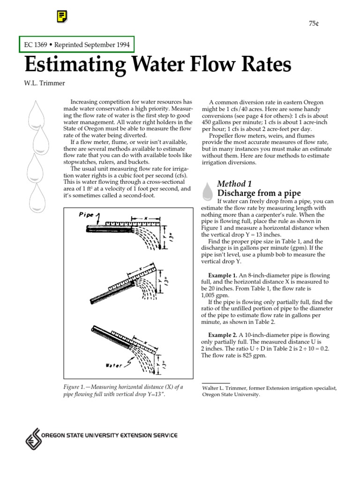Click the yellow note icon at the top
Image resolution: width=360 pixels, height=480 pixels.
pyautogui.click(x=61, y=17)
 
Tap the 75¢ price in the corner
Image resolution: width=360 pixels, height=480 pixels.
pyautogui.click(x=313, y=24)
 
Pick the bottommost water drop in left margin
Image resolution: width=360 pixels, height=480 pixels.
pyautogui.click(x=37, y=196)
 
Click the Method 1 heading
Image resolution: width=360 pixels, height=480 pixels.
pyautogui.click(x=234, y=183)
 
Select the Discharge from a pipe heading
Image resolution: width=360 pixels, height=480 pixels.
pyautogui.click(x=259, y=193)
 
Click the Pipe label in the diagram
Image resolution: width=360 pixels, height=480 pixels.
pyautogui.click(x=87, y=215)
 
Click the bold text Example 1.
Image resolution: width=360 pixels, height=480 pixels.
pyautogui.click(x=222, y=275)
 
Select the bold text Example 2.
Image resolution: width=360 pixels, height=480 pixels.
pyautogui.click(x=222, y=335)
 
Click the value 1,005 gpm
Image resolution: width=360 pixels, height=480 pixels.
pyautogui.click(x=215, y=296)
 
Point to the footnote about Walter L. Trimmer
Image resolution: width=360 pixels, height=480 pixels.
pyautogui.click(x=269, y=391)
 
